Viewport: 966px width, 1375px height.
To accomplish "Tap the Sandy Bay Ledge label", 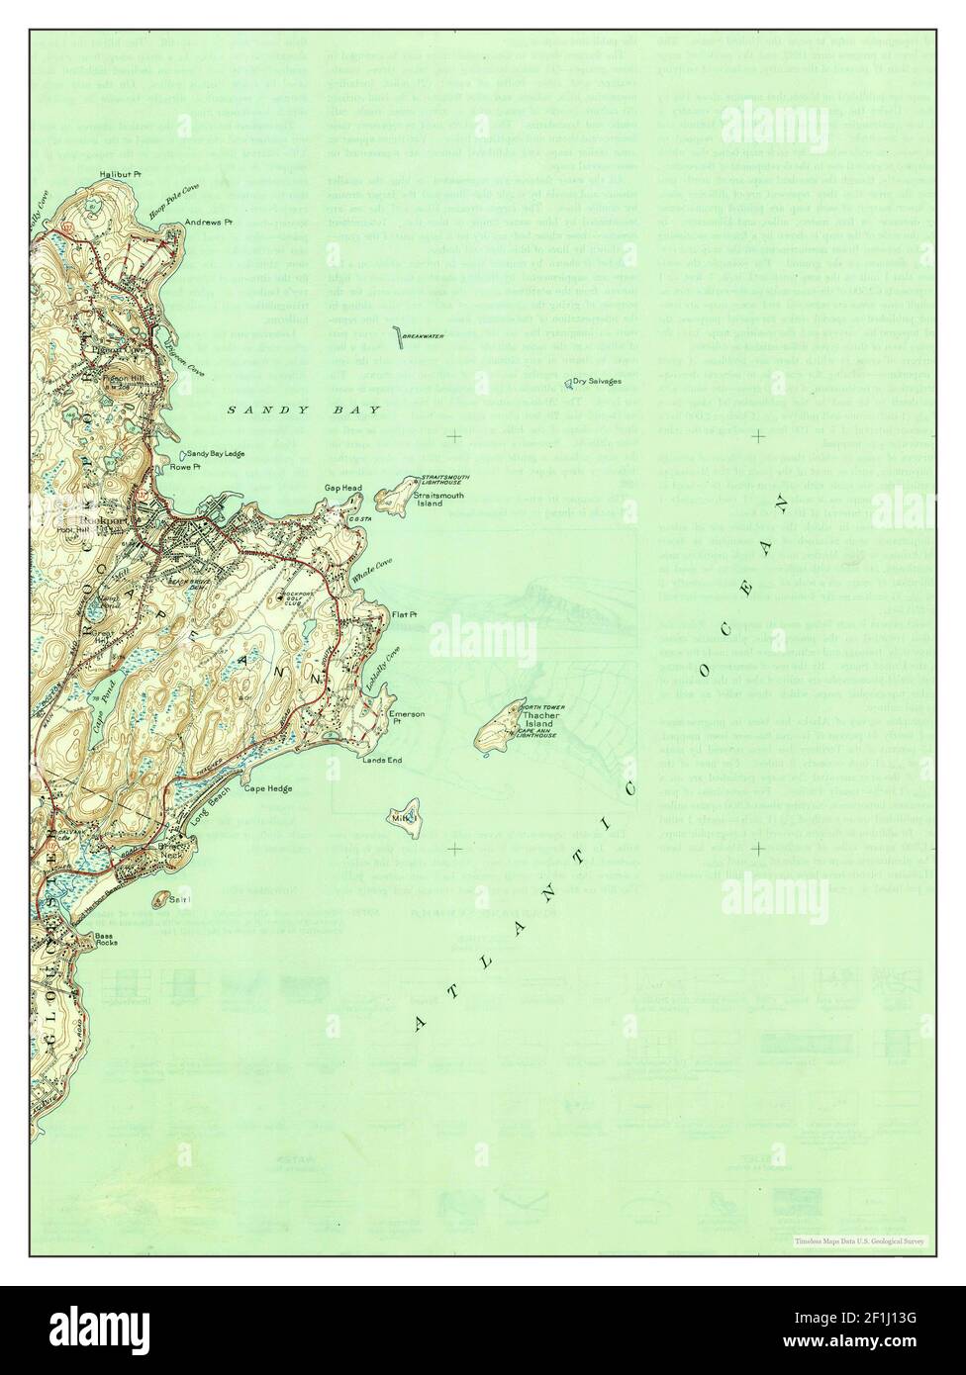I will tap(216, 454).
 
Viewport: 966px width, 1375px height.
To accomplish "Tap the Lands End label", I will tap(382, 760).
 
